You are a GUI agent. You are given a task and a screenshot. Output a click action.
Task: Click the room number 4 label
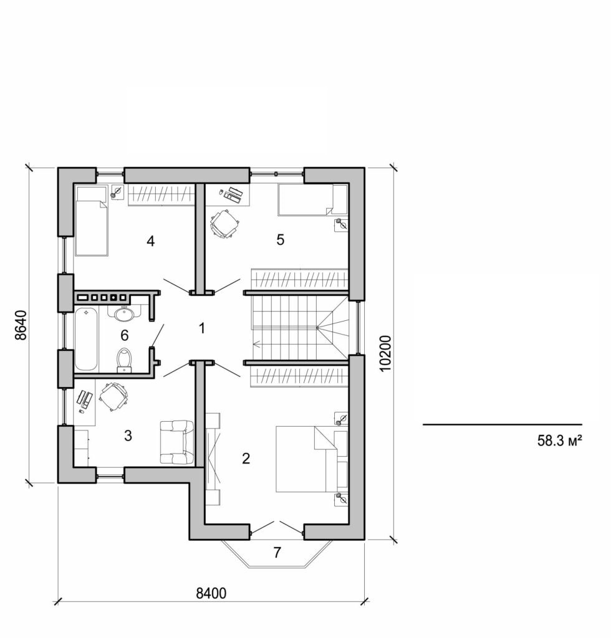(150, 241)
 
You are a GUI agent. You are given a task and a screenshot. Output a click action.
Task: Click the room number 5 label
(281, 240)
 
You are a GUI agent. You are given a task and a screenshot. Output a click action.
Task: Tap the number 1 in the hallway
(201, 327)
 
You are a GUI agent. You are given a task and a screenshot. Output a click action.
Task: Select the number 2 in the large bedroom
(246, 459)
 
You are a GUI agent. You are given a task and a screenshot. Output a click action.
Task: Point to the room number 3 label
(128, 436)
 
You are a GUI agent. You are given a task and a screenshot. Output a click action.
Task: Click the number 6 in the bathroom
(124, 335)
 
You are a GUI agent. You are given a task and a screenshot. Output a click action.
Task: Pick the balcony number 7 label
(277, 552)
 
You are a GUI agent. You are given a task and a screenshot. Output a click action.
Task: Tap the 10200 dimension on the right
(385, 353)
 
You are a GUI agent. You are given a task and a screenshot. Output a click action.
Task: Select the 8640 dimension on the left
(22, 325)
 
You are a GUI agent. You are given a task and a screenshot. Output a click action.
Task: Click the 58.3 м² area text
(559, 442)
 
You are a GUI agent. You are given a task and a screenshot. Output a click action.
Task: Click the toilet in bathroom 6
(125, 359)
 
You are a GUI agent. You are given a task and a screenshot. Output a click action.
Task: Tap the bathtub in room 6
(85, 339)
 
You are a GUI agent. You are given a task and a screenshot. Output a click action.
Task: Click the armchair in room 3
(176, 442)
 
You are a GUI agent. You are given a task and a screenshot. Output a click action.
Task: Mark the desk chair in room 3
(113, 397)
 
